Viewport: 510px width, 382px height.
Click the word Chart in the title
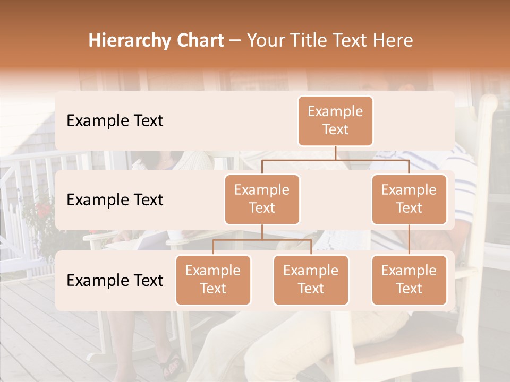coord(197,40)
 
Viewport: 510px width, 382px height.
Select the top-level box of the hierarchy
coord(335,120)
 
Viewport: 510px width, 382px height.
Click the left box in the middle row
coord(262,199)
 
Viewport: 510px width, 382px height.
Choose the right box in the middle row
coord(409,199)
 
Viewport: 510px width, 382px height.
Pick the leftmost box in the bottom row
coord(213,280)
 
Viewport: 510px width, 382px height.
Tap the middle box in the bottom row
coord(311,280)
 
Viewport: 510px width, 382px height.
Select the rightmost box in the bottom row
coord(409,280)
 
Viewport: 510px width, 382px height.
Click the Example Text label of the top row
coord(115,120)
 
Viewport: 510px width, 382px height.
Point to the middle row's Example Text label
coord(115,199)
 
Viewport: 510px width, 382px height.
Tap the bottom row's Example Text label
coord(115,280)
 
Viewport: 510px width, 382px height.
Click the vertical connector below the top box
coord(335,153)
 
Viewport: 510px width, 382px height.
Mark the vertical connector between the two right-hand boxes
coord(409,240)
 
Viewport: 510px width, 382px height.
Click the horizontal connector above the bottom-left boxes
coord(262,240)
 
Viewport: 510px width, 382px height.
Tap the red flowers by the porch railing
coord(42,210)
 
